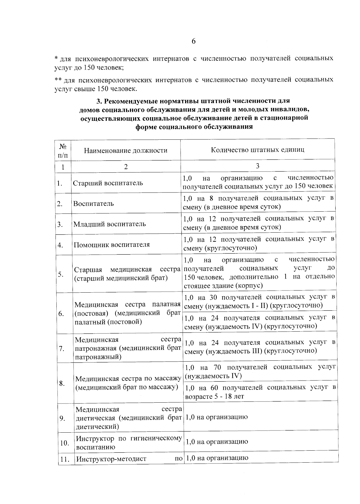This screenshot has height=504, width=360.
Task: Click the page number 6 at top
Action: [193, 41]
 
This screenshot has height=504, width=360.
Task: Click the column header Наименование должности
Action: [125, 151]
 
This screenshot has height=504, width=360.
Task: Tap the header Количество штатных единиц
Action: [257, 150]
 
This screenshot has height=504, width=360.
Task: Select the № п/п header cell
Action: [63, 151]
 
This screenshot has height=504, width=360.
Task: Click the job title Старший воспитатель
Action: [108, 183]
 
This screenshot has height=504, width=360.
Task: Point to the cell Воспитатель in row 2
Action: [94, 203]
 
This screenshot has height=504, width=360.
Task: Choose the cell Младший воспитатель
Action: [110, 224]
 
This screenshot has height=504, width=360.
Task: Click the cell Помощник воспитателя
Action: [112, 244]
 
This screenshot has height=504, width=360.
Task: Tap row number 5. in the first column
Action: [61, 274]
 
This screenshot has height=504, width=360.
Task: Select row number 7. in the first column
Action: [62, 348]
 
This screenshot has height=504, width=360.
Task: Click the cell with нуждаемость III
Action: [259, 347]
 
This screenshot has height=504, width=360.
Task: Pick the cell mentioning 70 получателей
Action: [260, 371]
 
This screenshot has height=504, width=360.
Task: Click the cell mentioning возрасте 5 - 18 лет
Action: [260, 392]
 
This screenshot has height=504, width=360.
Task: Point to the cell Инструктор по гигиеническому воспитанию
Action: [129, 443]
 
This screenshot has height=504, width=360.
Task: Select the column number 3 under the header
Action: [257, 166]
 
